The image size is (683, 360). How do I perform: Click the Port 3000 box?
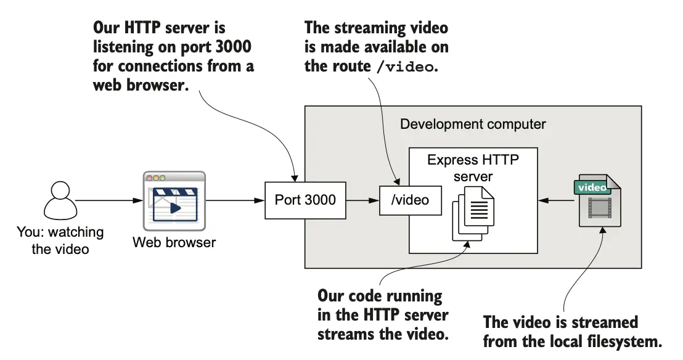pyautogui.click(x=305, y=200)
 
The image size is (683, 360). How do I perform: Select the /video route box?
pyautogui.click(x=411, y=200)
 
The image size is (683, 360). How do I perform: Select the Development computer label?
pyautogui.click(x=473, y=124)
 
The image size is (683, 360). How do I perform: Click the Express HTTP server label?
pyautogui.click(x=473, y=168)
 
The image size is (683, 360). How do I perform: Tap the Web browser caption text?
pyautogui.click(x=174, y=242)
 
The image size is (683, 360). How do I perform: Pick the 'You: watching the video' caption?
pyautogui.click(x=60, y=241)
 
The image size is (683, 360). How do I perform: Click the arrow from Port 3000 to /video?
pyautogui.click(x=362, y=201)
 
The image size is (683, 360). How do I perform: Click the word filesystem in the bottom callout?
pyautogui.click(x=627, y=340)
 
